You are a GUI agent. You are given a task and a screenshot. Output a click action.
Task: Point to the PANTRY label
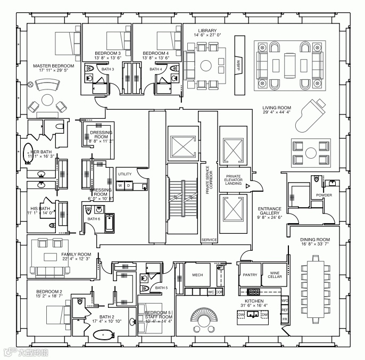point(250,275)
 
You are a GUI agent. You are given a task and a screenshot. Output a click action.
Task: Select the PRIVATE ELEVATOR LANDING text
point(234,180)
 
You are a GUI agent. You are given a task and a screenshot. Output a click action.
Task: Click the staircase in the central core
point(182,198)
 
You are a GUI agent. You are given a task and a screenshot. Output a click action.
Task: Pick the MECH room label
point(197,275)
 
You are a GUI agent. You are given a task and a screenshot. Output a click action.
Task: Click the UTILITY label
point(125,174)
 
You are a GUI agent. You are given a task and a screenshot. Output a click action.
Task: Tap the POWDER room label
point(323,195)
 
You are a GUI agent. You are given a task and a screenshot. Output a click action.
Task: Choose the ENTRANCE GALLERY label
point(270,212)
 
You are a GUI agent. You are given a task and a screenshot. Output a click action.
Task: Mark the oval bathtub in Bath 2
point(102,334)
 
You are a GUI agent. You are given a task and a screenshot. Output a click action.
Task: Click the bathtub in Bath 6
point(110,223)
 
